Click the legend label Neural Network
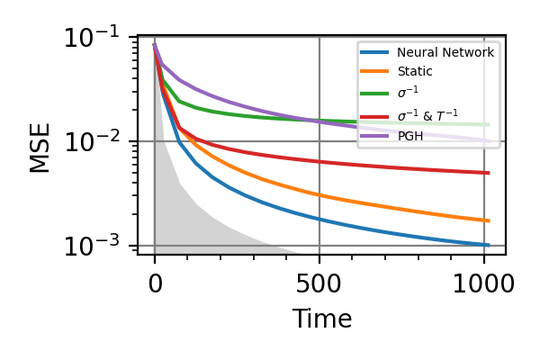click(445, 53)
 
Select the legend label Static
click(415, 71)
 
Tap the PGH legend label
click(410, 137)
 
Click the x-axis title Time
click(321, 319)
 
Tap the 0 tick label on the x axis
click(155, 285)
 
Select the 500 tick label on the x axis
click(319, 285)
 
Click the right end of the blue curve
click(489, 245)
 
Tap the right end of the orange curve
click(489, 220)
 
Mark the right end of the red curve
click(489, 173)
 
